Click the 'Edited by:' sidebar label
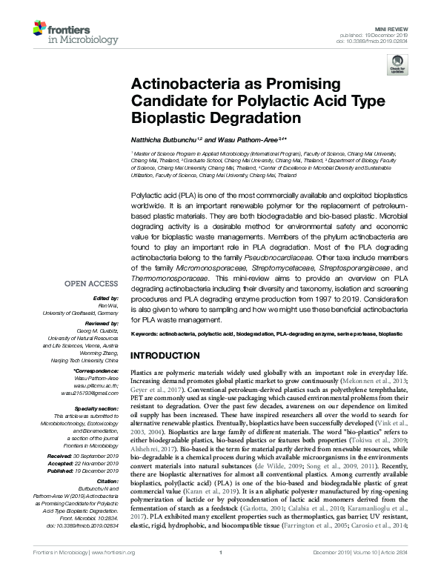[108, 298]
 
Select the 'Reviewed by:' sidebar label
[105, 324]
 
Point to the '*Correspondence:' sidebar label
[99, 369]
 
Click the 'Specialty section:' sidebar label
[99, 408]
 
